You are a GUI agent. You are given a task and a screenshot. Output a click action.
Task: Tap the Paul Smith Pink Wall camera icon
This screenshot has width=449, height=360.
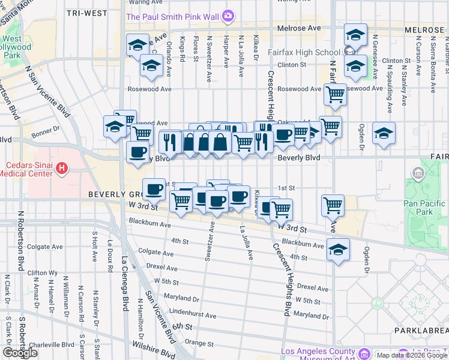coord(228,16)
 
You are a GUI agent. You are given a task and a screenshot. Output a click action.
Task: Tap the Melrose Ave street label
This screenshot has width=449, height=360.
coord(299,28)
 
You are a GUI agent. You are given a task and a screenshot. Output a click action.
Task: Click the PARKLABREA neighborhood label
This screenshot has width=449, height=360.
coord(421,331)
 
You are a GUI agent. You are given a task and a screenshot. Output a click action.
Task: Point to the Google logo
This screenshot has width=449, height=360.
coord(20,353)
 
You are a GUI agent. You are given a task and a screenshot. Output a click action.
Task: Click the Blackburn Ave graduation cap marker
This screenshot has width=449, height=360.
coord(338,248)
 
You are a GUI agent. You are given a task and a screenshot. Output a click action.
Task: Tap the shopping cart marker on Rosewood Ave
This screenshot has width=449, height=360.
coord(335,93)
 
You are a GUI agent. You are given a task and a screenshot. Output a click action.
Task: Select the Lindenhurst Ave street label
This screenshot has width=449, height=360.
coord(193,314)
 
